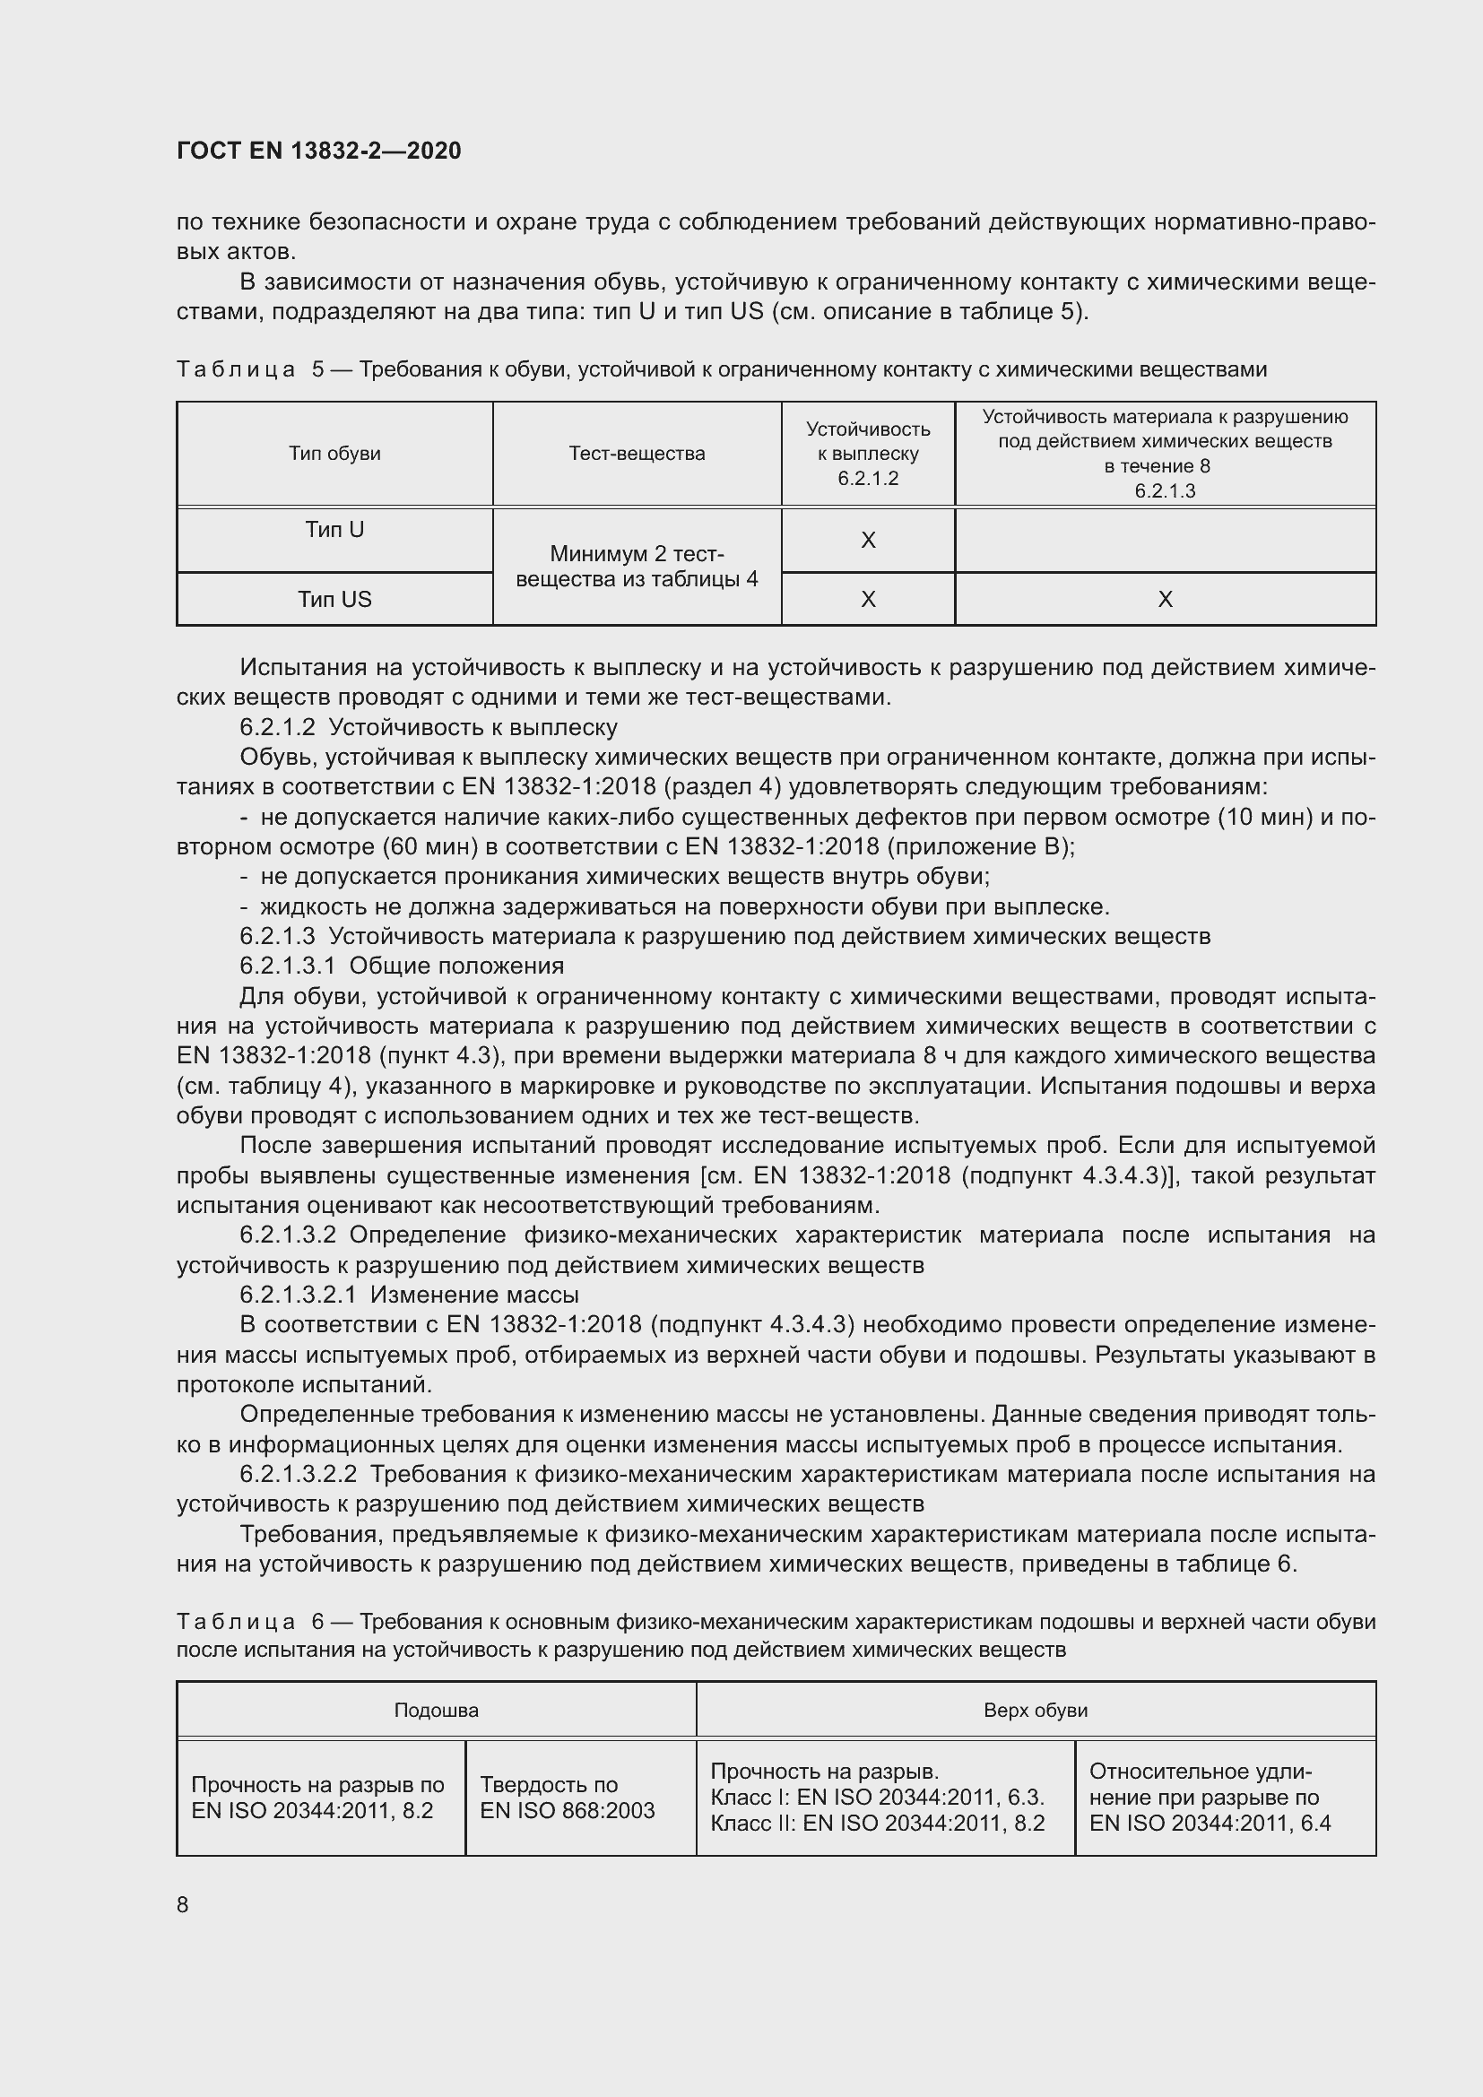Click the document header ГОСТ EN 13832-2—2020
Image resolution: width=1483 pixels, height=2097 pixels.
click(x=318, y=151)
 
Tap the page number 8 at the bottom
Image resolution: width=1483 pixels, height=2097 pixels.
click(x=183, y=1904)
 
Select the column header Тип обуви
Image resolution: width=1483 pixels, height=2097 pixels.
click(x=334, y=454)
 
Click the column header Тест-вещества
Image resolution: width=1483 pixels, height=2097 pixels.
click(x=637, y=454)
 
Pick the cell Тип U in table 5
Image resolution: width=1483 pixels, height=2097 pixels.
click(x=334, y=530)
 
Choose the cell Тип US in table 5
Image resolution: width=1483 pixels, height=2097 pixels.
click(x=334, y=599)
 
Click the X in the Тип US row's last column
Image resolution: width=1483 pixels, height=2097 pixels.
click(x=1166, y=599)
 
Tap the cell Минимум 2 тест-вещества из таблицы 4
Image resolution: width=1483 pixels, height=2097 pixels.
click(x=637, y=567)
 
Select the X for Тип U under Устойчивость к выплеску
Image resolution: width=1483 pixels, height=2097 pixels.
click(x=868, y=540)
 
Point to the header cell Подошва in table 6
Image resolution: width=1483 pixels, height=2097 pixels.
click(x=436, y=1710)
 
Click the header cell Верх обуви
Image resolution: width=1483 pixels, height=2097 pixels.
click(x=1036, y=1710)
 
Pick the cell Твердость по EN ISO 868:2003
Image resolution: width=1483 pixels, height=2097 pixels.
click(x=568, y=1798)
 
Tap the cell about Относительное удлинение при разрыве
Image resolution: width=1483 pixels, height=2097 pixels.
click(x=1209, y=1798)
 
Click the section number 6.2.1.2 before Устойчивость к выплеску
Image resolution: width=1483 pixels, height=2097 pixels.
click(x=278, y=727)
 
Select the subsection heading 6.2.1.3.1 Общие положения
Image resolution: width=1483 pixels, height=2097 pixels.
click(x=402, y=966)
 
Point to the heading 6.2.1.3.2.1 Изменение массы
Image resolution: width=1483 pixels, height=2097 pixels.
click(x=409, y=1295)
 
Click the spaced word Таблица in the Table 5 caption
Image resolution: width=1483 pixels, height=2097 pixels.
click(x=236, y=370)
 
